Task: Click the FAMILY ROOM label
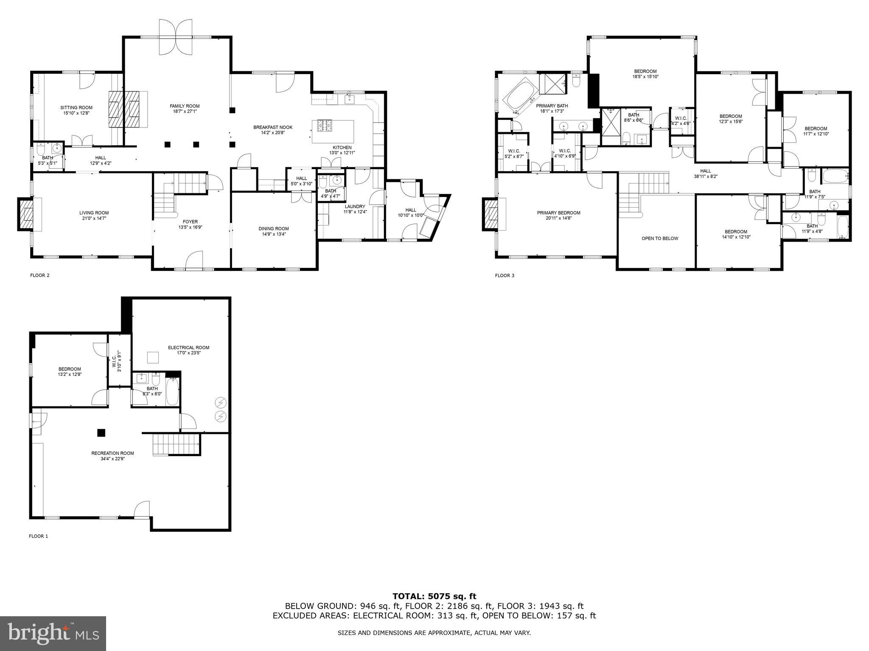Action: click(x=185, y=106)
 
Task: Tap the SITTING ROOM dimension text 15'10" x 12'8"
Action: click(x=76, y=113)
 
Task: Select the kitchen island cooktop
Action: click(x=325, y=126)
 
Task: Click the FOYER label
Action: click(x=190, y=222)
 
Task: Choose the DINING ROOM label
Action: click(x=274, y=228)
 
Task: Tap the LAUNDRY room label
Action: click(x=355, y=206)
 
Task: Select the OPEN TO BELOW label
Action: click(x=660, y=238)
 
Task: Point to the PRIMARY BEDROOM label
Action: click(x=558, y=213)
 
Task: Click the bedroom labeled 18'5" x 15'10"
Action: click(x=645, y=74)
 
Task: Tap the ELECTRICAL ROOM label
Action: click(x=188, y=348)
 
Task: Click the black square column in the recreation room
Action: click(x=101, y=433)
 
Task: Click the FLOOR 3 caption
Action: click(x=505, y=275)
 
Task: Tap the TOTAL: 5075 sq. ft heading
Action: click(x=434, y=597)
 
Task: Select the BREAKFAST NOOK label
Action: click(x=273, y=127)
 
